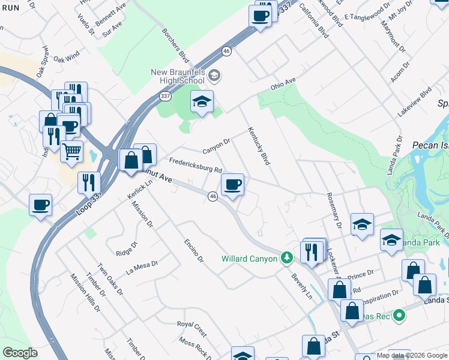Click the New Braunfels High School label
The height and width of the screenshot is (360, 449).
[x=178, y=77]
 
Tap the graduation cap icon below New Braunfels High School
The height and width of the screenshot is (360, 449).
[x=202, y=103]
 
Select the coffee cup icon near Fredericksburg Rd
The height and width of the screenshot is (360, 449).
[x=232, y=185]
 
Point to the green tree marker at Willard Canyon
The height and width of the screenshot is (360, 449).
[x=288, y=257]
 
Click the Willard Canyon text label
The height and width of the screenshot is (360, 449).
[x=249, y=259]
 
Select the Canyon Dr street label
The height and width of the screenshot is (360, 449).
[x=216, y=145]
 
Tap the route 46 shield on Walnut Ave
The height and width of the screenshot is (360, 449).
[x=212, y=196]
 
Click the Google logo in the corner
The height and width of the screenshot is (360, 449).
[x=20, y=353]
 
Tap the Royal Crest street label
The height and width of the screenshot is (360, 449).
[x=191, y=328]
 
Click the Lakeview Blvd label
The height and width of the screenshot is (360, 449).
[x=414, y=103]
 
